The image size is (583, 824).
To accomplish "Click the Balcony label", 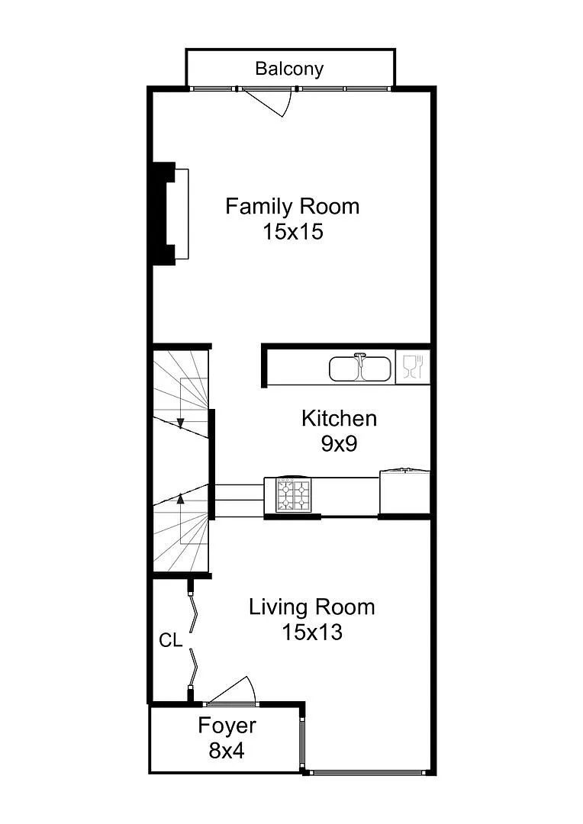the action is pyautogui.click(x=289, y=69).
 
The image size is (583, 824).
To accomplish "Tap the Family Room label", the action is pyautogui.click(x=292, y=206).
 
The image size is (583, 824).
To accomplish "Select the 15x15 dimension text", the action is pyautogui.click(x=293, y=231).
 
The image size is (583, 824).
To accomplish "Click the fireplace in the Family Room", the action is pyautogui.click(x=169, y=214).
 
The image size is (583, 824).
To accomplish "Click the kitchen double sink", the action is pyautogui.click(x=361, y=368).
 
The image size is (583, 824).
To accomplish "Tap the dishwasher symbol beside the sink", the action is pyautogui.click(x=413, y=367).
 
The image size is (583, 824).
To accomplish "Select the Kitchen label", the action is pyautogui.click(x=339, y=418).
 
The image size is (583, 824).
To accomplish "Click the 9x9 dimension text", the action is pyautogui.click(x=339, y=443).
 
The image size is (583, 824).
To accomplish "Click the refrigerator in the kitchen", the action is pyautogui.click(x=404, y=492).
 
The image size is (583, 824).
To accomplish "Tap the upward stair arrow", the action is pyautogui.click(x=180, y=518).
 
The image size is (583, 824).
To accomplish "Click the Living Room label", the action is pyautogui.click(x=312, y=607).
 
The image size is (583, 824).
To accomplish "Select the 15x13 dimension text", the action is pyautogui.click(x=312, y=632).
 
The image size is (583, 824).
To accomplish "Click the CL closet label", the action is pyautogui.click(x=170, y=641).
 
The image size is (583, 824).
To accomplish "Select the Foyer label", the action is pyautogui.click(x=227, y=726).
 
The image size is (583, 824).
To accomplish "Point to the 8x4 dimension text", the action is pyautogui.click(x=227, y=751).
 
